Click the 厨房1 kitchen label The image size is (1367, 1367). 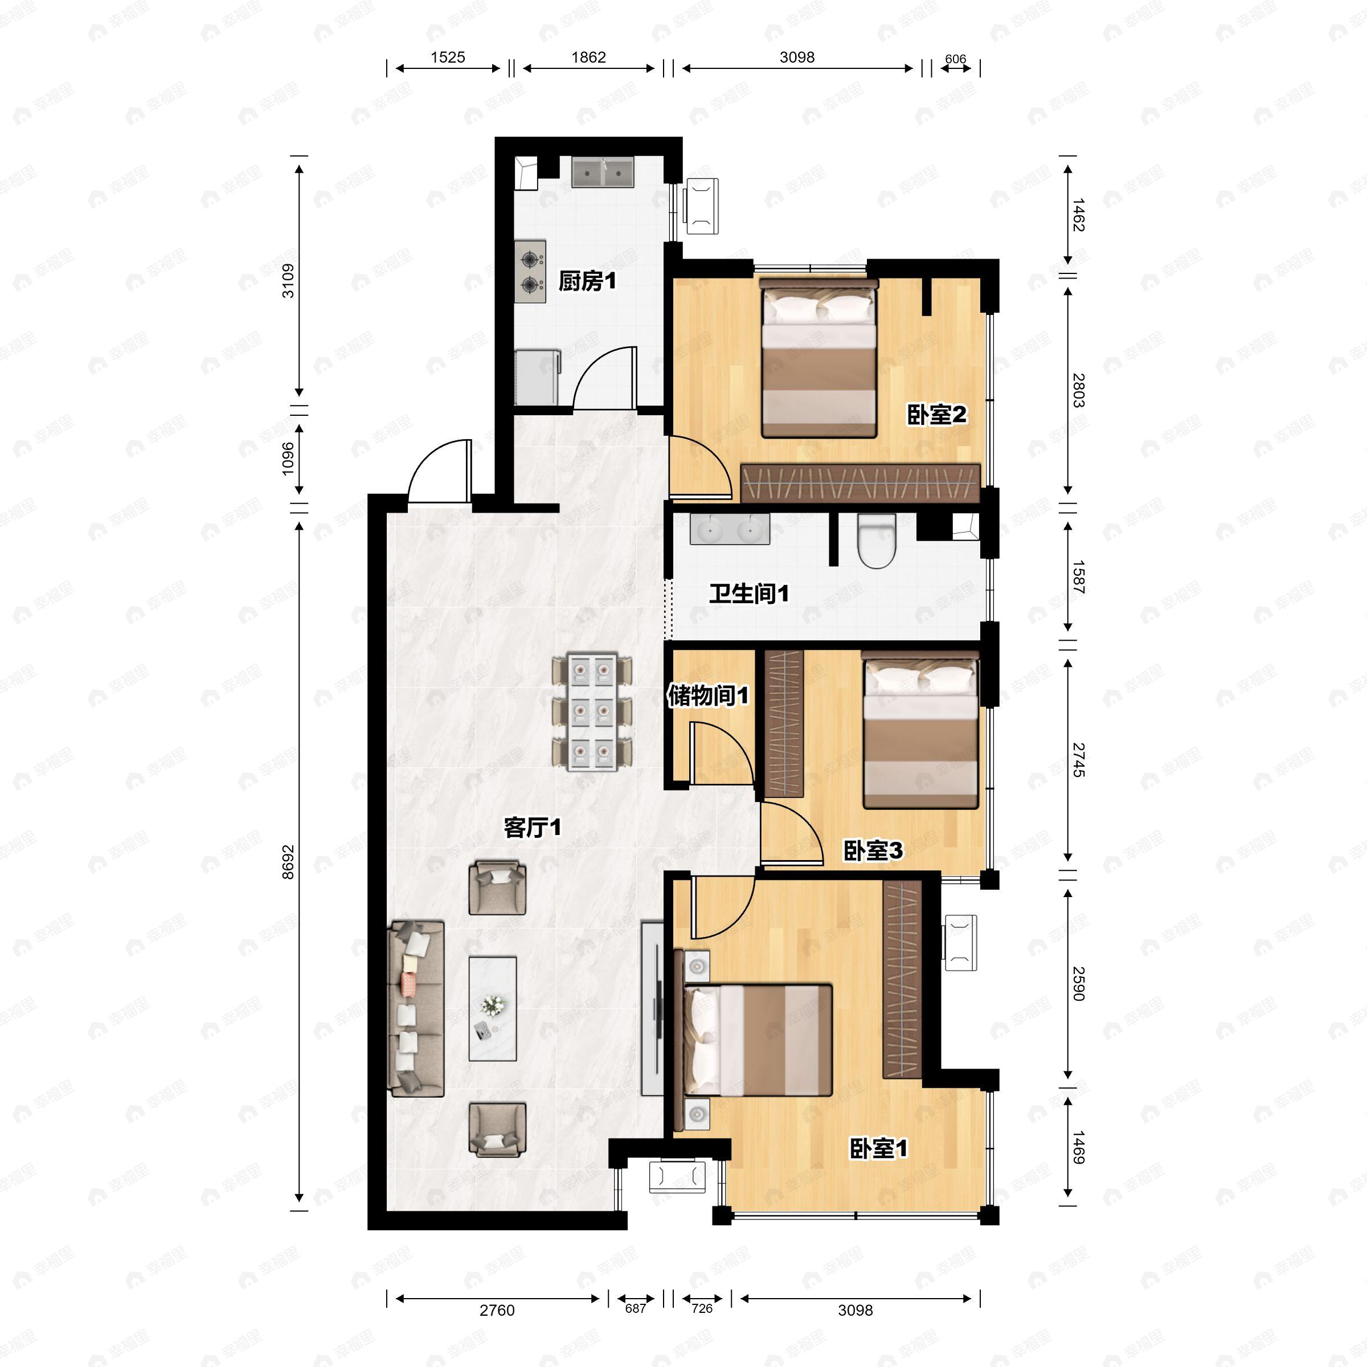click(587, 281)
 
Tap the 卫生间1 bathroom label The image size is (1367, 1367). click(748, 594)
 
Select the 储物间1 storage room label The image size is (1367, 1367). click(707, 695)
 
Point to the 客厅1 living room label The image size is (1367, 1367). click(532, 827)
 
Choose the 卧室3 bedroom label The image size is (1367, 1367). click(873, 850)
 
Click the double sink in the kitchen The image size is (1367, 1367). click(602, 172)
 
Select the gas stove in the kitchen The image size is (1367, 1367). click(530, 271)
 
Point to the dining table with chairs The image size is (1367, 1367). click(592, 713)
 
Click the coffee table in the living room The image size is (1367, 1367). click(493, 1009)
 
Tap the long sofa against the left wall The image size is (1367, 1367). click(416, 1009)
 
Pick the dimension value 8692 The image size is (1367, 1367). click(288, 862)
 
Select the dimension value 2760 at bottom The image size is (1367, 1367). click(497, 1311)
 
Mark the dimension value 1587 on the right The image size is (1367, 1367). click(1078, 576)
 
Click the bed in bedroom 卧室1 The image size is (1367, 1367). click(757, 1039)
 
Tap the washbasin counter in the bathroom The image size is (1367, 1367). click(730, 529)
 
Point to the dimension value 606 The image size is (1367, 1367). click(955, 59)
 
